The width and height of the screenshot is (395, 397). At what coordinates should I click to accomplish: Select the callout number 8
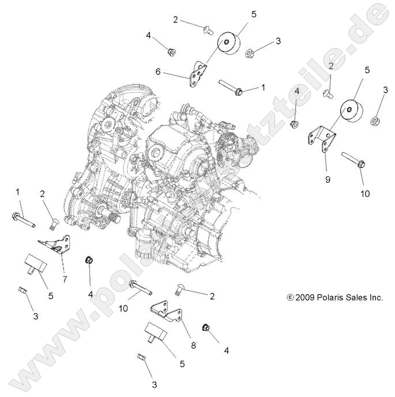193,346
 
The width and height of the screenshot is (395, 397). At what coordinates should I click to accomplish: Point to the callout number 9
327,180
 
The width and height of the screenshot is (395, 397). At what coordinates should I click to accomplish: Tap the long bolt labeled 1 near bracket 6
232,88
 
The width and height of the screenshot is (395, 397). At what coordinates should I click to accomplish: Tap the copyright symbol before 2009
290,298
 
